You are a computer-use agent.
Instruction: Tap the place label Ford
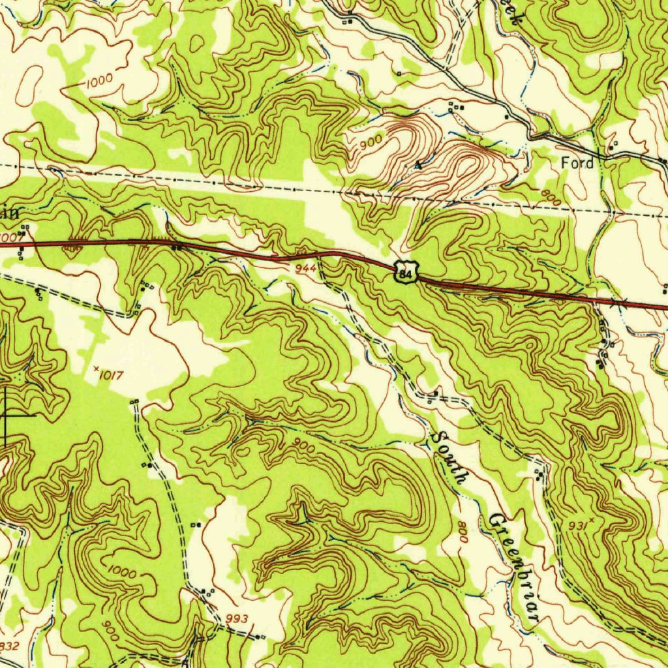(x=578, y=163)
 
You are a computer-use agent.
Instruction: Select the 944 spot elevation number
(x=305, y=267)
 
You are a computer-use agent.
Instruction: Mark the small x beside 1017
(x=96, y=369)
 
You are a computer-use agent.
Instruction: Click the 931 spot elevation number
(x=577, y=525)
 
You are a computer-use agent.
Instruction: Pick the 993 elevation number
(x=237, y=618)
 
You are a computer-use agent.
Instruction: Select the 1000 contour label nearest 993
(x=122, y=572)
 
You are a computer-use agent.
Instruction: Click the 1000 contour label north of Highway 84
(x=99, y=81)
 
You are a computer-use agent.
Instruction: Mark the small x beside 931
(x=592, y=519)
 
